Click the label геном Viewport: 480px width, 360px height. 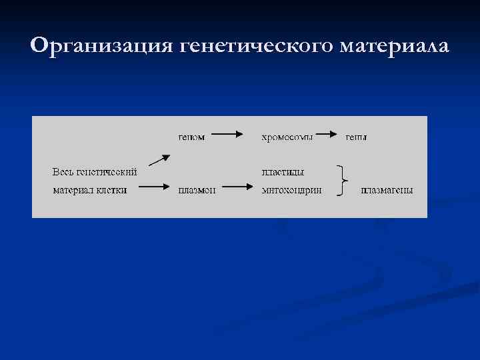point(191,137)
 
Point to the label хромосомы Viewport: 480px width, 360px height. point(287,137)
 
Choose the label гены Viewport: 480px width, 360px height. point(355,137)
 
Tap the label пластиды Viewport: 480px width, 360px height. point(283,171)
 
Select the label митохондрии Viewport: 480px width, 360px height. point(292,190)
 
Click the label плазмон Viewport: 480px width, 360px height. point(196,190)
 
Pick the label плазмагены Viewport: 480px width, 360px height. point(387,190)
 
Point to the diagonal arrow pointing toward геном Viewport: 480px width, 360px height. point(159,160)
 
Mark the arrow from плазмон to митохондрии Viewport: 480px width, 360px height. point(237,187)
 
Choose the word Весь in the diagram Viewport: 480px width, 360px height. point(63,171)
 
